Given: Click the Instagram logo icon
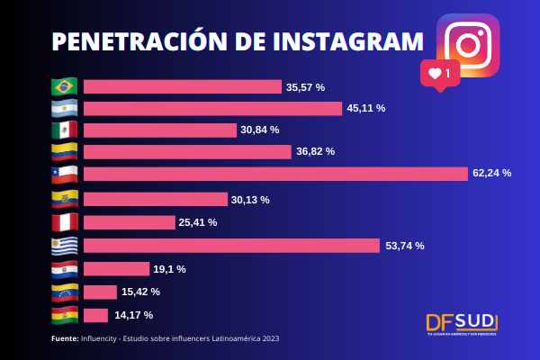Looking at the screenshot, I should tap(467, 45).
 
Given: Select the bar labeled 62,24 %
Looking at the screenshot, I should tap(275, 174).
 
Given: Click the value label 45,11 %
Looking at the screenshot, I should tap(367, 108).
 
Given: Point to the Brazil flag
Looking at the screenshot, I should tap(65, 86).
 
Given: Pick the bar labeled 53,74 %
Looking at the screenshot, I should tap(231, 246).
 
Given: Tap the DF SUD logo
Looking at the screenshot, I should tap(462, 323).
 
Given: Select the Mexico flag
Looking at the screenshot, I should tap(65, 130).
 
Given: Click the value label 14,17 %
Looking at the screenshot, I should tap(133, 315).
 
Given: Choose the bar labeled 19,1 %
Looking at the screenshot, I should tap(116, 268).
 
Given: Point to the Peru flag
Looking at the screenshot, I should tap(65, 222).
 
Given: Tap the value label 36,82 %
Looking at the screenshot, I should tap(315, 151).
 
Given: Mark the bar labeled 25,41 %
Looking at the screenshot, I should tap(129, 222).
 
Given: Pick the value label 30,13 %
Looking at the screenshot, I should tap(250, 200).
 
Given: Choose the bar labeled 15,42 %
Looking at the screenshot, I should tap(100, 292).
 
